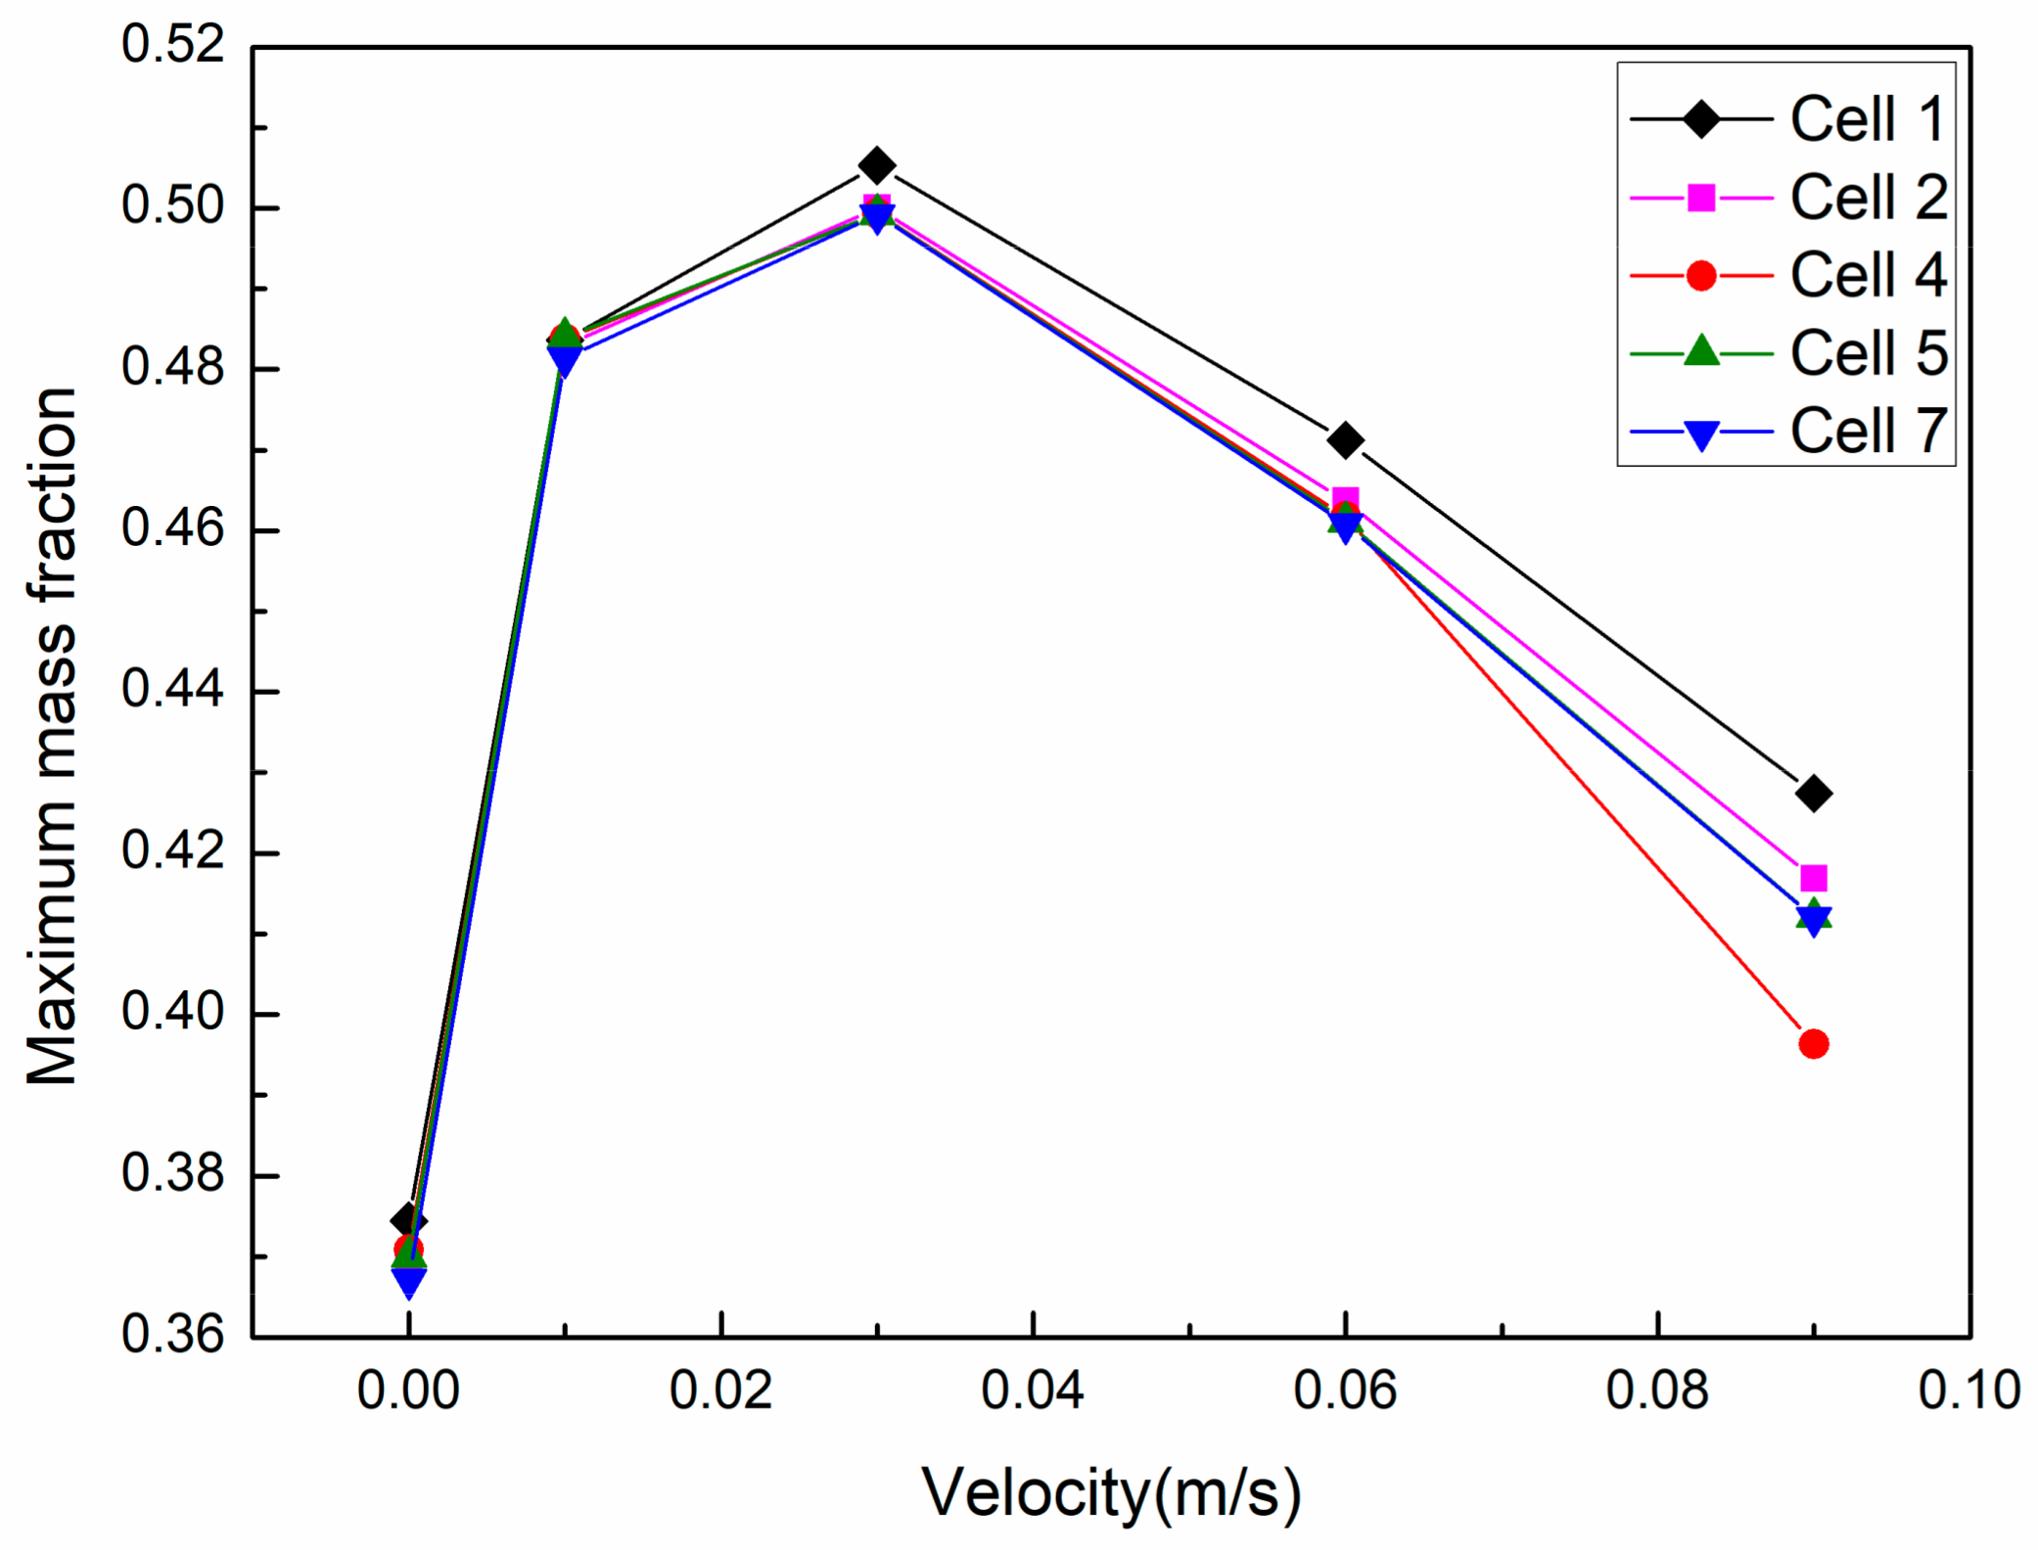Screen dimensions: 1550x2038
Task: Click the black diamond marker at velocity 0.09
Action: click(x=1813, y=793)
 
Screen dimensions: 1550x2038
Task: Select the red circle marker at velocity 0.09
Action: click(x=1813, y=1044)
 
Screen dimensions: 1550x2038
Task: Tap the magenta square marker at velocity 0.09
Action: click(x=1813, y=878)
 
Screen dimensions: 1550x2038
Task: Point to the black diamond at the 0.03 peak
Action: click(x=876, y=166)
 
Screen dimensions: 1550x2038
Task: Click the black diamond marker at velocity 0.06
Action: click(x=1345, y=440)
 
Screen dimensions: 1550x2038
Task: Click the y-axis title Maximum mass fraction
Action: click(x=51, y=734)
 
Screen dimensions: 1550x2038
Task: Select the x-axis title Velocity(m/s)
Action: click(x=1111, y=1492)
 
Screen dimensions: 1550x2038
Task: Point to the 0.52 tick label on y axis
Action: click(x=172, y=45)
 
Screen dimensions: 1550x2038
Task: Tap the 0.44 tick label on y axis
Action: click(x=172, y=690)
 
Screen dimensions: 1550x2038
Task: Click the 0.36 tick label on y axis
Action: click(x=172, y=1335)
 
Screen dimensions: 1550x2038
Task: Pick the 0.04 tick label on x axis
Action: click(x=1032, y=1390)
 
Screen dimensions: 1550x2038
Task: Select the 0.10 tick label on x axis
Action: click(x=1968, y=1390)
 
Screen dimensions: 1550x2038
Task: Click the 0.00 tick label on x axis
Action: click(x=408, y=1390)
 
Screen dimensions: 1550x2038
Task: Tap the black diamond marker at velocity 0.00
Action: click(x=408, y=1219)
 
